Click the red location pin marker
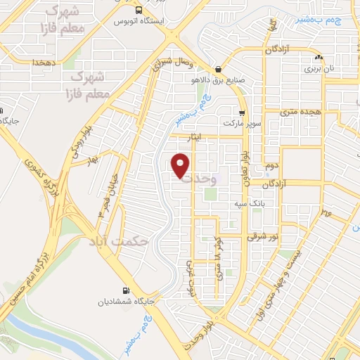click(181, 165)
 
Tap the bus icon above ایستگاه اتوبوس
click(139, 11)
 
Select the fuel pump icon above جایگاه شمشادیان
click(126, 290)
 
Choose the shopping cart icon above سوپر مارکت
click(242, 113)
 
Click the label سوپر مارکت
click(243, 123)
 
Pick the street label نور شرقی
click(262, 237)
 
